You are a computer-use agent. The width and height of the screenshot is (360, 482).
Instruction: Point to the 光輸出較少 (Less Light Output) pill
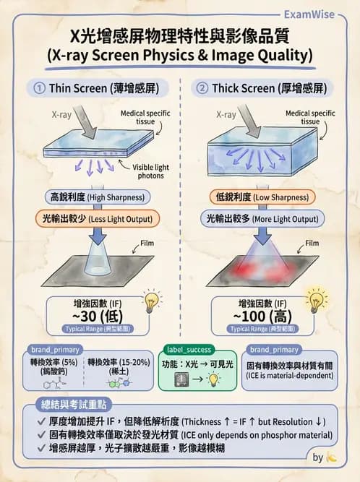[97, 218]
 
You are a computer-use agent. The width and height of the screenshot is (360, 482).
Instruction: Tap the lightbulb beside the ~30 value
[152, 301]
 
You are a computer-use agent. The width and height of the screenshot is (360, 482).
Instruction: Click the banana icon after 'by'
[332, 457]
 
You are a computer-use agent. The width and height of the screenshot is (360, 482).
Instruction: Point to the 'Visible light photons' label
[152, 171]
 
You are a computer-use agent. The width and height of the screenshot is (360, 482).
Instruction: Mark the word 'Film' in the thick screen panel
[312, 244]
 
